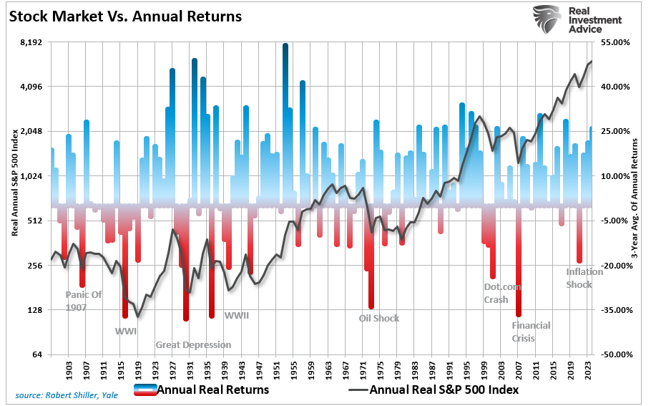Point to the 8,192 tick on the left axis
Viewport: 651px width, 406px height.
click(x=31, y=42)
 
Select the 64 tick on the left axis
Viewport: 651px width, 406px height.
click(x=37, y=355)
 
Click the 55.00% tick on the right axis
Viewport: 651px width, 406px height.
click(x=615, y=42)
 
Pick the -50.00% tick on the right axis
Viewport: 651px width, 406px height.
click(x=614, y=355)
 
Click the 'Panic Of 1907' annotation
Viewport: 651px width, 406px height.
click(x=84, y=301)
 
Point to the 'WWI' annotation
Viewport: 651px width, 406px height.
click(x=126, y=332)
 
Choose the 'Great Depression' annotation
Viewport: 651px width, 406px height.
click(x=193, y=345)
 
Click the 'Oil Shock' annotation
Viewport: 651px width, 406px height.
click(x=379, y=319)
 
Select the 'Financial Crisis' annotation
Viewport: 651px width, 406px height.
click(x=531, y=332)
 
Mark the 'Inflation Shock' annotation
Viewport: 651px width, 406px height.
click(x=584, y=278)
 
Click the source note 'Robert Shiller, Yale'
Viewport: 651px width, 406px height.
click(x=67, y=395)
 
